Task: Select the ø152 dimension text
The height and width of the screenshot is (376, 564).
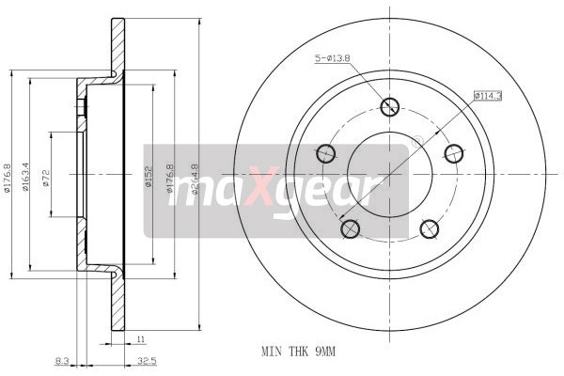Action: tap(148, 179)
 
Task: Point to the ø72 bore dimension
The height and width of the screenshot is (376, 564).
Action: tap(45, 178)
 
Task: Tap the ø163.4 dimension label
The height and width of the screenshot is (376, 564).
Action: tap(26, 176)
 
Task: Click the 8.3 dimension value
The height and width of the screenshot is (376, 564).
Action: tap(62, 359)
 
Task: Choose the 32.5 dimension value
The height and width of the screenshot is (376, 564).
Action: tap(147, 359)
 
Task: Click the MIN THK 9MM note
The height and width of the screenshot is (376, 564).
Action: tap(298, 351)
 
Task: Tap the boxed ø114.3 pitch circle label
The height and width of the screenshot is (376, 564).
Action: tap(487, 95)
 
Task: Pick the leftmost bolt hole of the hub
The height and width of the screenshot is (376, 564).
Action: tap(326, 152)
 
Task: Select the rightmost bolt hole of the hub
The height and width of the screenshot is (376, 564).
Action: tap(454, 152)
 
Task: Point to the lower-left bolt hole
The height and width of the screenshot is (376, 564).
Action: tap(351, 227)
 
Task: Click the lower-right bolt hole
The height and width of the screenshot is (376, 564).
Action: tap(430, 227)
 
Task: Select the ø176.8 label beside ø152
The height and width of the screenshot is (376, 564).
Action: tap(170, 179)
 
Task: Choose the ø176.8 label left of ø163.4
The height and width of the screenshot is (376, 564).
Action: tap(7, 176)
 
